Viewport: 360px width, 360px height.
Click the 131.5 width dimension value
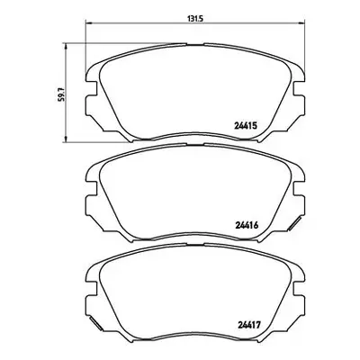[195, 19]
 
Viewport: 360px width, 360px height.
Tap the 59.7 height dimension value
[61, 94]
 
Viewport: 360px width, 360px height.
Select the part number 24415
[246, 126]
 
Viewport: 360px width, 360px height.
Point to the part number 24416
[247, 225]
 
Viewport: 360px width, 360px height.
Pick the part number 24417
[249, 325]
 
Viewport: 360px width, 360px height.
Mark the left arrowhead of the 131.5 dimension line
[89, 23]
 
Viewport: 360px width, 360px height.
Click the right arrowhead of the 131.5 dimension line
[301, 23]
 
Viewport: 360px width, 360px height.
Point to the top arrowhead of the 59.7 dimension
[66, 46]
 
